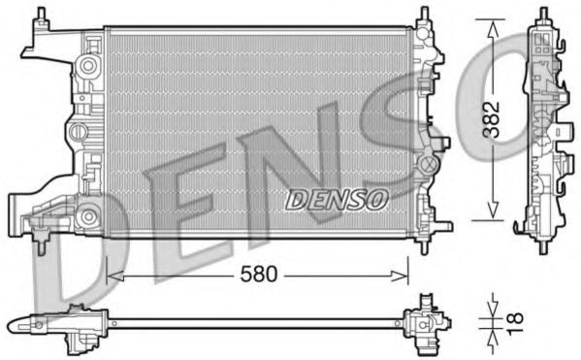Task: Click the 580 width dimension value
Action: [259, 275]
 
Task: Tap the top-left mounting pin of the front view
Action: [43, 16]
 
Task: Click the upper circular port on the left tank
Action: [89, 66]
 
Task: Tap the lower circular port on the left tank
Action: [89, 214]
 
